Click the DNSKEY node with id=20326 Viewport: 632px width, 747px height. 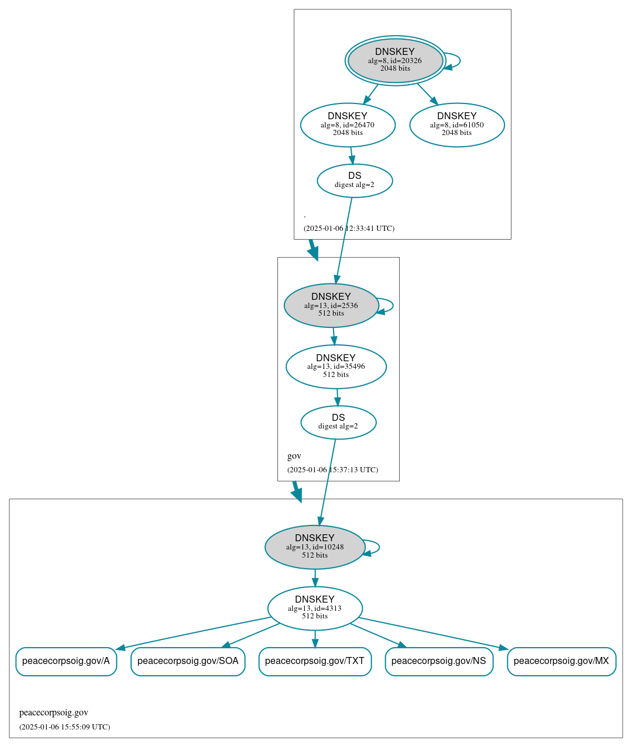click(395, 60)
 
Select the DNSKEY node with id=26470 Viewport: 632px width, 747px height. click(348, 124)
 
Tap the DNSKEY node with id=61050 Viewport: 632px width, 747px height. click(457, 124)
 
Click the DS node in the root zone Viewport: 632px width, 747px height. click(355, 181)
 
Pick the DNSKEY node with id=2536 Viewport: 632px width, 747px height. click(331, 305)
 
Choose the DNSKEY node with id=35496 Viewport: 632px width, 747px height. click(336, 366)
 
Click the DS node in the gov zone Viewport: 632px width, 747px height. click(338, 422)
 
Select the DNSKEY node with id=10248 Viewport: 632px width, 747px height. click(315, 547)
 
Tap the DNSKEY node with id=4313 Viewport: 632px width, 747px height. click(315, 608)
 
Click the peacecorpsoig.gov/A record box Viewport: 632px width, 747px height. click(66, 661)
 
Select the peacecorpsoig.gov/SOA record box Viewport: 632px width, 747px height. click(188, 661)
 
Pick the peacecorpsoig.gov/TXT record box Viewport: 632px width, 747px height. click(315, 661)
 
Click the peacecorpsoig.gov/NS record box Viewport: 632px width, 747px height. click(439, 661)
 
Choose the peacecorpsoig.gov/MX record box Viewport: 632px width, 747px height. click(561, 661)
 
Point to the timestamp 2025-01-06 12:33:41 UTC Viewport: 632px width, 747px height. click(349, 229)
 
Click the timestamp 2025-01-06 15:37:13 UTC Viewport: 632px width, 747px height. click(332, 470)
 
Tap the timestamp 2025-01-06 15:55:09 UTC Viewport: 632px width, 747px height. click(64, 727)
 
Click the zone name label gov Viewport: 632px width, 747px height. click(294, 456)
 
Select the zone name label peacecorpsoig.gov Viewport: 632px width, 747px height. click(54, 713)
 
